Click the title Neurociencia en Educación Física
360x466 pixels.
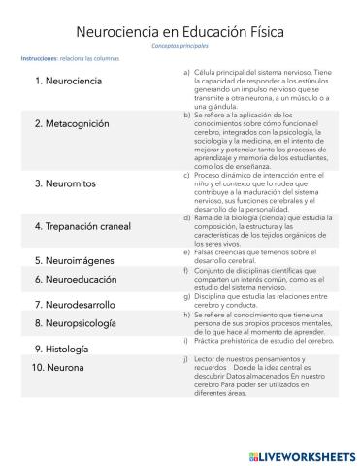click(180, 33)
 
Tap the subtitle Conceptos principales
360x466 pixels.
click(180, 46)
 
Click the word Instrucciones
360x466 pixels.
click(40, 59)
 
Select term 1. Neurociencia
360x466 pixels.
click(67, 80)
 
